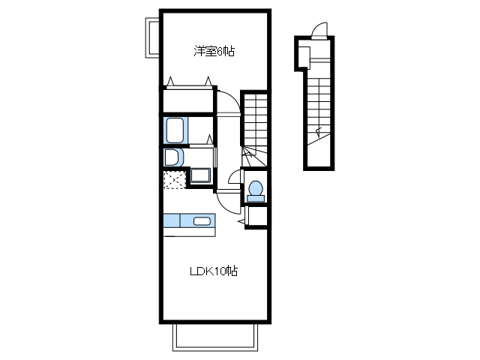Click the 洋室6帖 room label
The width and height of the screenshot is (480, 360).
tap(214, 51)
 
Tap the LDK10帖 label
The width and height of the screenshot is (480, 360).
tap(214, 271)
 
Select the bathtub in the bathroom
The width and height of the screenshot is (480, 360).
tap(175, 130)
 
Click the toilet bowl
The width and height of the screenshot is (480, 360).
tap(256, 187)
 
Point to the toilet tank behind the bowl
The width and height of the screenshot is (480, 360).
tap(256, 199)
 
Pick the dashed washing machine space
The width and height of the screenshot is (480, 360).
tap(175, 180)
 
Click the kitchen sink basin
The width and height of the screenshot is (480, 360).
tap(202, 221)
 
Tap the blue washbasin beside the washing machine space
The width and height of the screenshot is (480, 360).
tap(200, 175)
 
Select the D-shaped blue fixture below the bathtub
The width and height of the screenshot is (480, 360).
tap(172, 157)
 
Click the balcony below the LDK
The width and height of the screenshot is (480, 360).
tap(215, 337)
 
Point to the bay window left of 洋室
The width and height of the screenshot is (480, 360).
tap(151, 37)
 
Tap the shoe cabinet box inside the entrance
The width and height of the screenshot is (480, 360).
tap(304, 57)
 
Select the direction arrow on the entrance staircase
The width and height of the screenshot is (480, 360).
tap(318, 132)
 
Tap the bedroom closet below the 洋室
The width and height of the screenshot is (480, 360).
tap(188, 100)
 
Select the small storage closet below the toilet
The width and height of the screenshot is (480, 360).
tap(257, 217)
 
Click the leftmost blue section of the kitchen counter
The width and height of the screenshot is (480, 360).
tap(172, 220)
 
